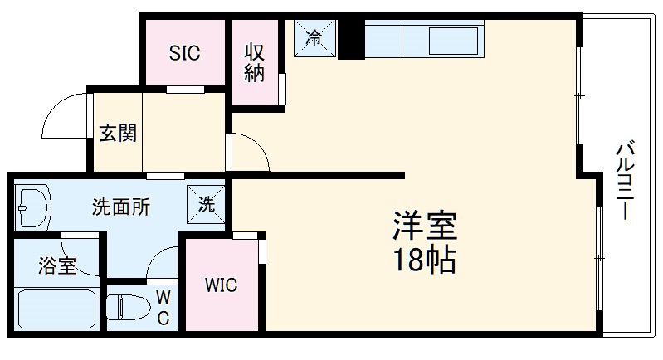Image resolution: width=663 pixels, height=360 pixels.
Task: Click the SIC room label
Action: click(184, 53)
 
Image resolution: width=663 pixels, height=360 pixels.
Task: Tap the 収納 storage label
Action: click(254, 62)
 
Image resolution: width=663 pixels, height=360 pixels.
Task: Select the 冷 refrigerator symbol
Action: click(314, 37)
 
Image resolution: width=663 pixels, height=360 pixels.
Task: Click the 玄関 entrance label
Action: click(118, 133)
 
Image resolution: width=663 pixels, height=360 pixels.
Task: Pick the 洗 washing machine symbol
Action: click(206, 202)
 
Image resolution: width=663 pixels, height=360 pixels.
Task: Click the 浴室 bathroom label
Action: click(57, 266)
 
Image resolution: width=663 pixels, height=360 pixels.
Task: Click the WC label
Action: click(163, 308)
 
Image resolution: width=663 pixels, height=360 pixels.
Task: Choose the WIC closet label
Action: click(222, 287)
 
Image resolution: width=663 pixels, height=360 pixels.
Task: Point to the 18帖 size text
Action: click(424, 260)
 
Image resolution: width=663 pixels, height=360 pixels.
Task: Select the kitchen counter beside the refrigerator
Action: click(423, 40)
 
